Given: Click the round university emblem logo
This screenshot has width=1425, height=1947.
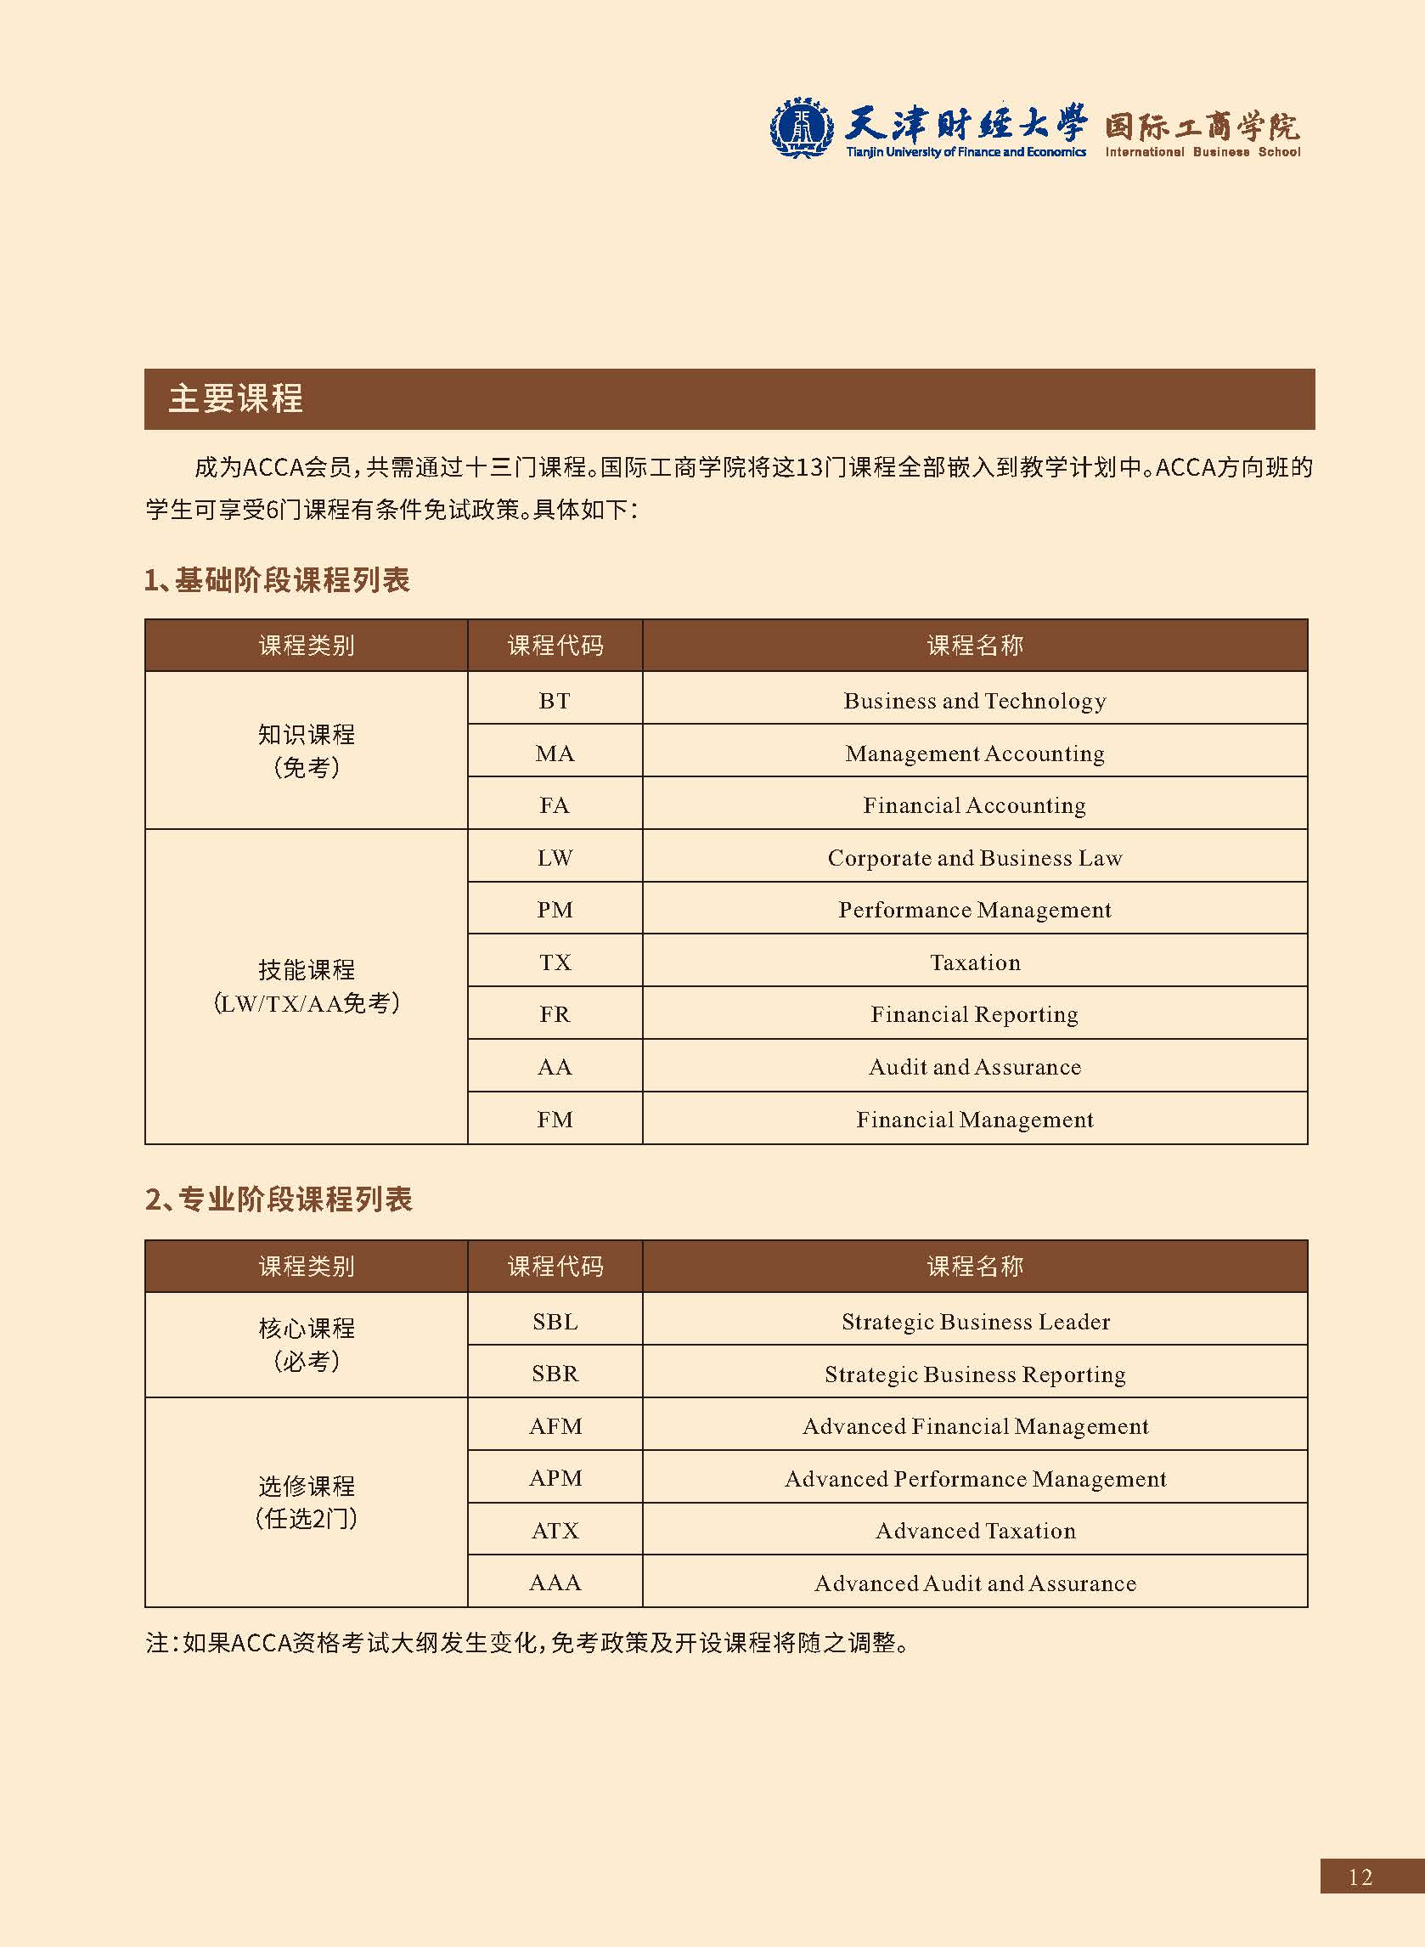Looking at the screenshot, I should (801, 128).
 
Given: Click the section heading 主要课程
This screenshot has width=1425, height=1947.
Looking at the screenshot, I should (235, 398).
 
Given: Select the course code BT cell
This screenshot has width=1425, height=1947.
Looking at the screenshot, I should (555, 701).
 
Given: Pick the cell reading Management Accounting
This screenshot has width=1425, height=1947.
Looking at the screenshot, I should (975, 753).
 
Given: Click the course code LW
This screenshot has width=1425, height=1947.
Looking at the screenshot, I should (555, 857).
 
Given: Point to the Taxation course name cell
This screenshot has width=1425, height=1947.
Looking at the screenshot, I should (975, 962).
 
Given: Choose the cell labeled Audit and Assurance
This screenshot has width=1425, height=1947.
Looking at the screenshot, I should (975, 1067).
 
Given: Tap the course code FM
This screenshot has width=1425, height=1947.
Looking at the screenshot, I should (555, 1120).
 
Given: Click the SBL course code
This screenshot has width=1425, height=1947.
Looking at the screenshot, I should (555, 1322).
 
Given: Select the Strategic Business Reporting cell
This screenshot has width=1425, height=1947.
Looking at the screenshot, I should (975, 1374).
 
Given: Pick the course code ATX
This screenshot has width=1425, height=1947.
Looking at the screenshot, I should (555, 1532).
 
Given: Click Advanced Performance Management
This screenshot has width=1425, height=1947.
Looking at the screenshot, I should (975, 1479).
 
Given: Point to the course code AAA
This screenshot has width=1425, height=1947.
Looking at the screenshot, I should (555, 1583).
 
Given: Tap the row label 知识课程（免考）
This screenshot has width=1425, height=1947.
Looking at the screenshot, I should (307, 750).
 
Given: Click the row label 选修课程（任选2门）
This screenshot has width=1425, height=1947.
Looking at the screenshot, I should (307, 1502).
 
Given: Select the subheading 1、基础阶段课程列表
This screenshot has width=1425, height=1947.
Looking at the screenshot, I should (277, 579).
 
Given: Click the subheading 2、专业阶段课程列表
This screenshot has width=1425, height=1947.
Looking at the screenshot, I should (279, 1199).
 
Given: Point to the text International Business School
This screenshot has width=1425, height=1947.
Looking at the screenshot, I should (1203, 152).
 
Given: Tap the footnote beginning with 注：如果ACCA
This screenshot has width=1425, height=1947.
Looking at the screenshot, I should (528, 1643).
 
